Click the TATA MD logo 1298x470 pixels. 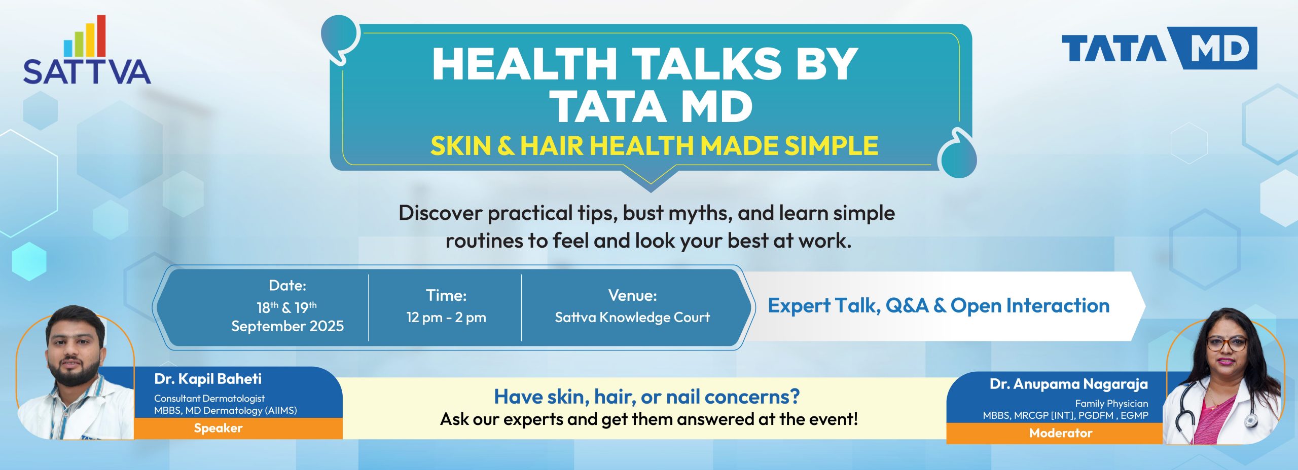1159,49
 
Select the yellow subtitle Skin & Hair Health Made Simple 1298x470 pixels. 654,146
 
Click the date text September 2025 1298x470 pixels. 287,326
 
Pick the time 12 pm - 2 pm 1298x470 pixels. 446,318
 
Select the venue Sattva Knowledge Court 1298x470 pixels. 632,318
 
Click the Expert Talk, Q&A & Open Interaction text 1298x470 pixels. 939,306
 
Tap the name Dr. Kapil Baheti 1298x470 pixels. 208,379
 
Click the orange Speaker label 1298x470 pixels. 218,428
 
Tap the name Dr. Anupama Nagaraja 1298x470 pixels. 1068,384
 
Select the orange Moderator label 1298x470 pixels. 1060,434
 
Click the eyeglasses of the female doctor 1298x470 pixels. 1226,343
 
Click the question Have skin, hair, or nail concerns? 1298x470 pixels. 646,397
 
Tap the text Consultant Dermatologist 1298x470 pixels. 209,399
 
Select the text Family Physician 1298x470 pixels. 1111,404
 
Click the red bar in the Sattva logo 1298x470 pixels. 101,35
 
